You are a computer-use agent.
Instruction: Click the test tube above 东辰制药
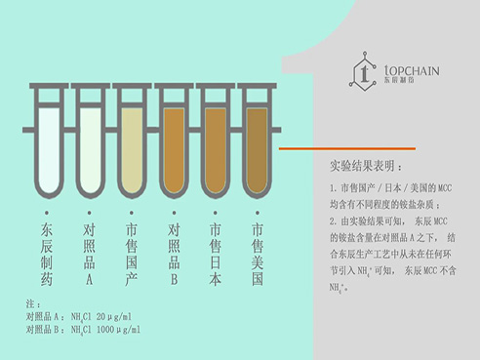(47, 146)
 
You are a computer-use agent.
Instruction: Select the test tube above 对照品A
(89, 146)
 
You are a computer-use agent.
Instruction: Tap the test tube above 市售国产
(131, 146)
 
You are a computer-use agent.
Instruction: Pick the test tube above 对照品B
(173, 146)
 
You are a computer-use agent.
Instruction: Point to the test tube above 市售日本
(215, 146)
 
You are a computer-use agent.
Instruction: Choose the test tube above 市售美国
(258, 146)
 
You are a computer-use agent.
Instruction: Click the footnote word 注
(29, 303)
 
